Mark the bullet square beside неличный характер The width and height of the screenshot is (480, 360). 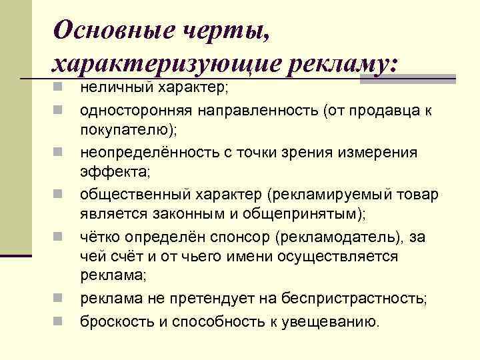click(x=59, y=87)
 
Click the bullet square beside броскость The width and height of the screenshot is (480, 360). click(x=59, y=321)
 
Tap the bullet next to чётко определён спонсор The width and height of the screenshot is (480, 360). click(x=59, y=237)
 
